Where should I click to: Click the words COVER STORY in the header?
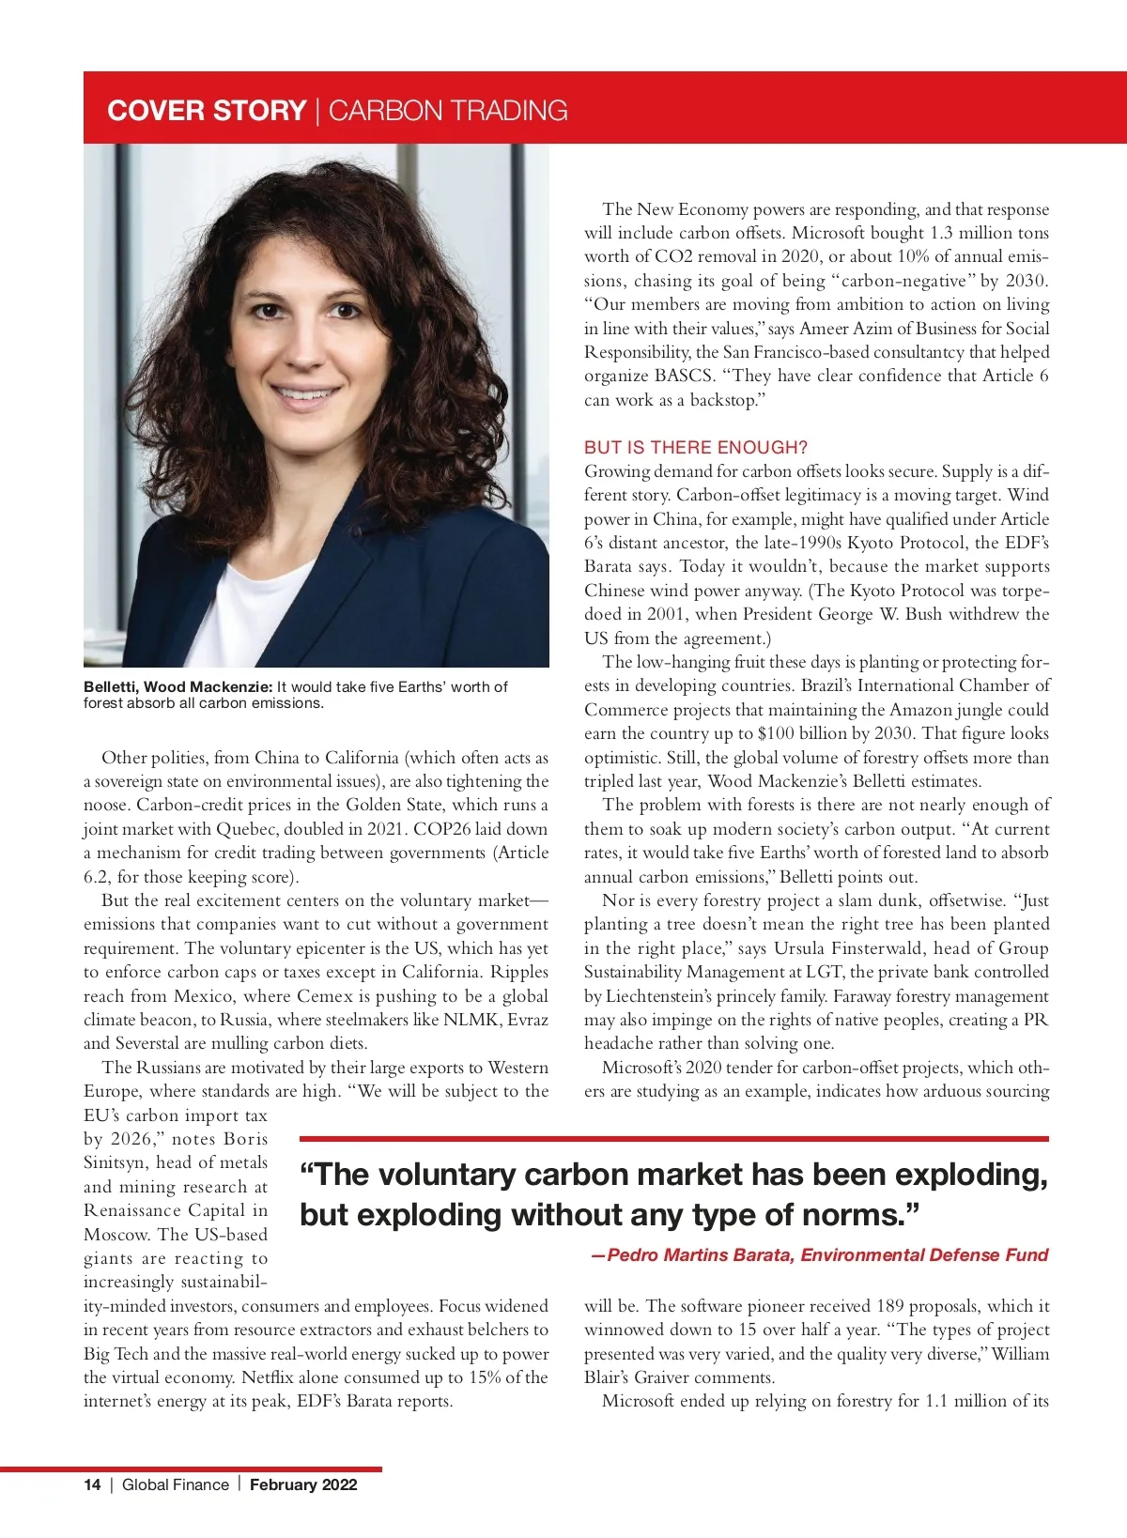207,111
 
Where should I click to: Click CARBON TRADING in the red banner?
448,111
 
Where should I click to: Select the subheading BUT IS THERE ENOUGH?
696,447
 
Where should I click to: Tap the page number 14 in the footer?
92,1484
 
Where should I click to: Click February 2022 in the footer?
303,1484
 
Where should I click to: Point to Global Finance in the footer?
176,1484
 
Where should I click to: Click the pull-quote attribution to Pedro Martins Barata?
820,1255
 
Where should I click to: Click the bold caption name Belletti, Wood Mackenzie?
178,686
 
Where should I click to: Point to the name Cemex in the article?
325,995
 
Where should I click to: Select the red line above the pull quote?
673,1139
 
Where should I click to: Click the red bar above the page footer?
192,1469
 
